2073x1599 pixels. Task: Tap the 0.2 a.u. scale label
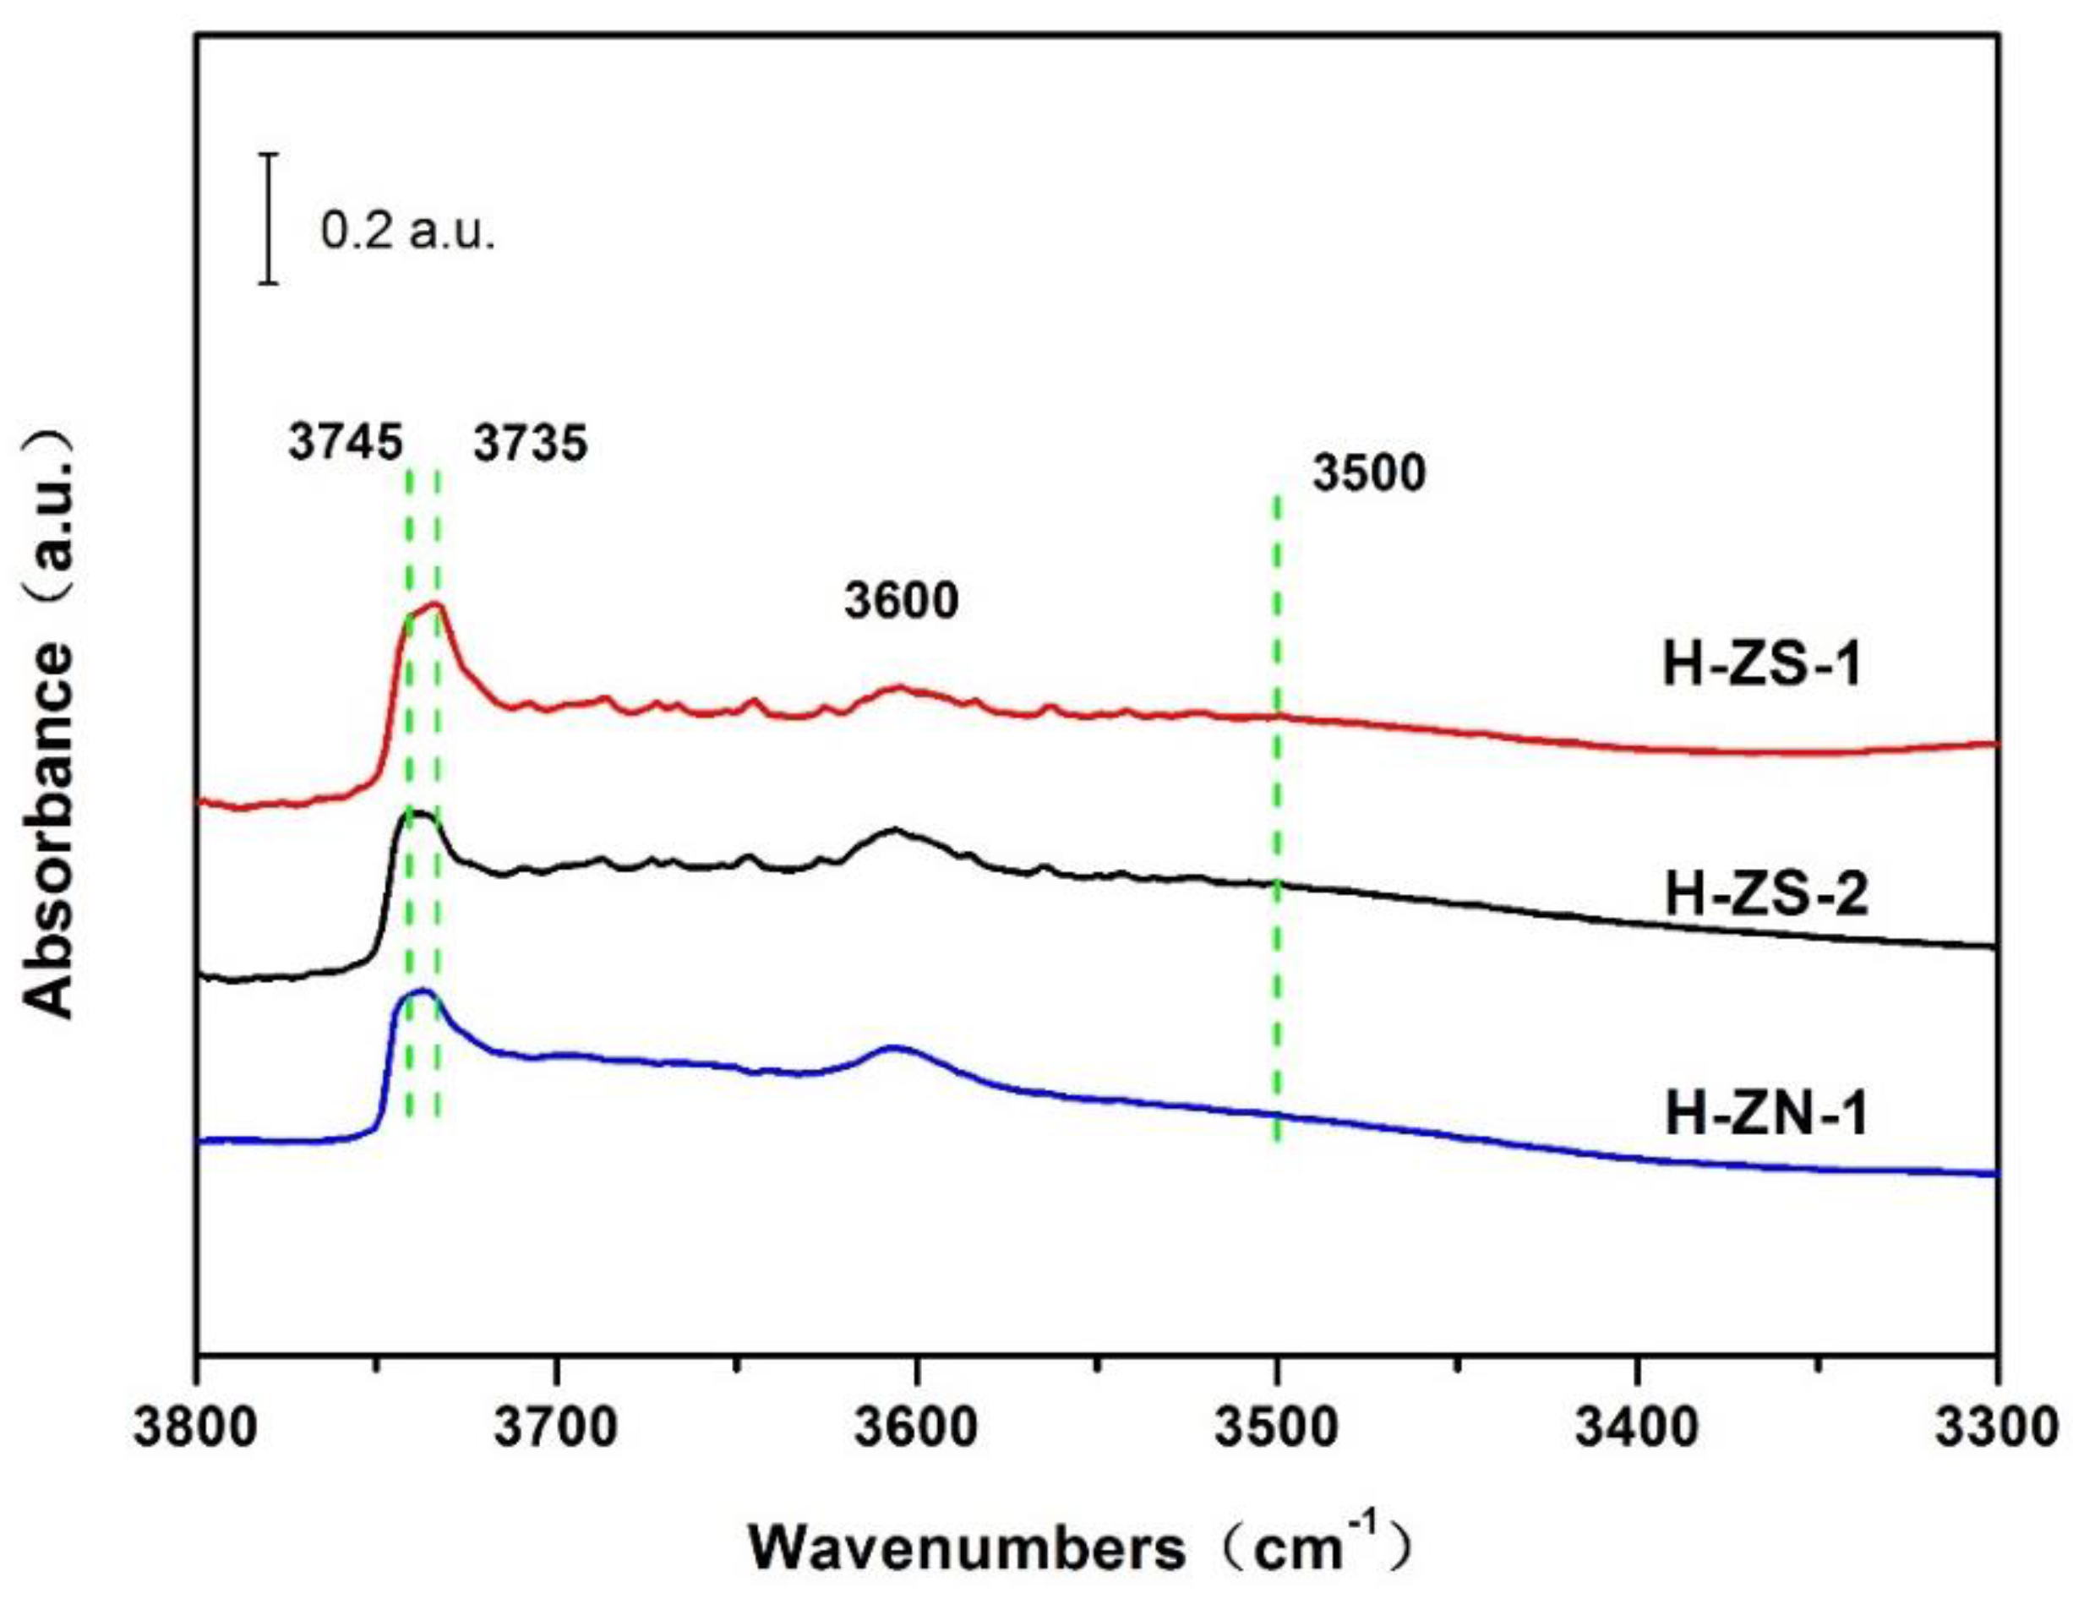[408, 232]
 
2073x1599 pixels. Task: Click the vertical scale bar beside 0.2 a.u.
[270, 218]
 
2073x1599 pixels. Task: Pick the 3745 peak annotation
[346, 443]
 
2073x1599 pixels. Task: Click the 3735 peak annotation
[531, 443]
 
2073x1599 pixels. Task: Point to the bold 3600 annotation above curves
[902, 602]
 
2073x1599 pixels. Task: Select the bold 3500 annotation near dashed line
[1369, 473]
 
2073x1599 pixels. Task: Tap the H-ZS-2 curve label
[1766, 895]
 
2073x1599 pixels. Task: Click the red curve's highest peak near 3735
[436, 603]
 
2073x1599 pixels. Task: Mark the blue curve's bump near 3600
[894, 1049]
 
